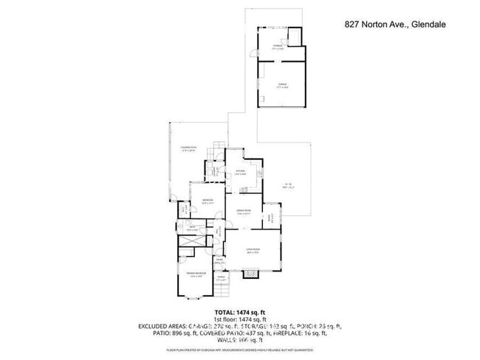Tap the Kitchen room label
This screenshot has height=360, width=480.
[x=240, y=172]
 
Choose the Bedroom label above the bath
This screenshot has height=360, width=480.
[x=208, y=201]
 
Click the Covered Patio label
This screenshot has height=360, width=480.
[x=188, y=149]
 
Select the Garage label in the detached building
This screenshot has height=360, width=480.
[x=281, y=86]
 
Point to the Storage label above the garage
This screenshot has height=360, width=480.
[x=278, y=46]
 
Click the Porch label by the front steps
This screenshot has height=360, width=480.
[x=220, y=279]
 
